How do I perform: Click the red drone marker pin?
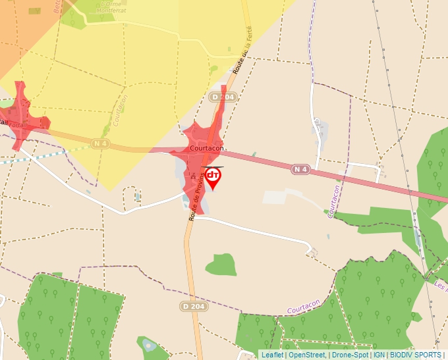213,177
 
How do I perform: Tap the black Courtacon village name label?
207,149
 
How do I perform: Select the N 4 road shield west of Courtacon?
100,143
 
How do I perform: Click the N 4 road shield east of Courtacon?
300,170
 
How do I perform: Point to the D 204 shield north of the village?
223,97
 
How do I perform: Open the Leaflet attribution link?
272,355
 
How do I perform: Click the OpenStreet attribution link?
307,355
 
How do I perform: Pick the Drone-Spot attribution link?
350,355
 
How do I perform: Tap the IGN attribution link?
379,355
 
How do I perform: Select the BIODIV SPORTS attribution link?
415,355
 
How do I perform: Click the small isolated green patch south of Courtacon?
221,265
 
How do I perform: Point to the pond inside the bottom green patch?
150,345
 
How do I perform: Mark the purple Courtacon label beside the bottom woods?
304,305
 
